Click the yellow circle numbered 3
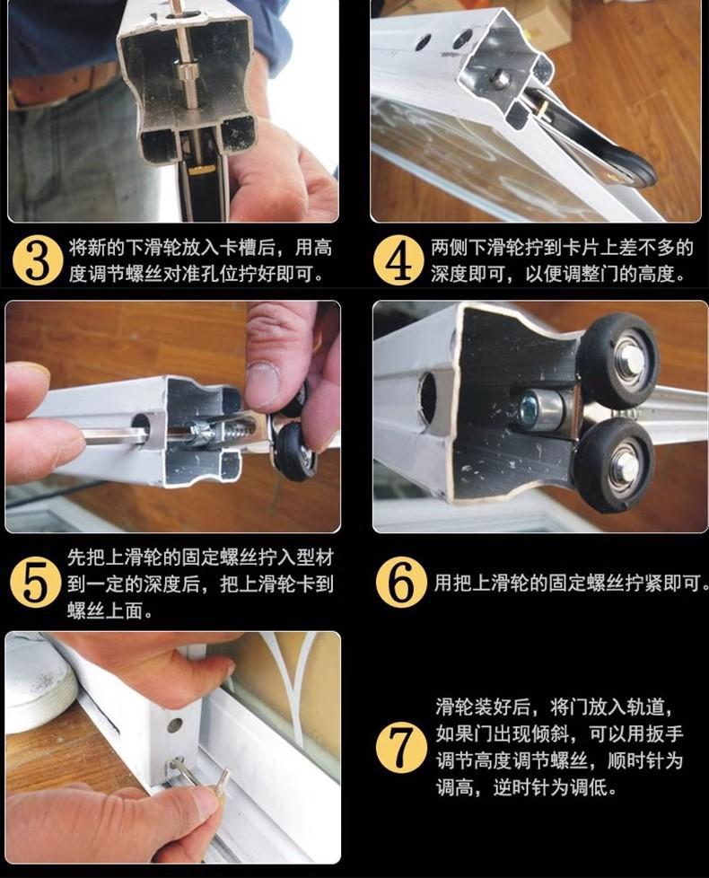coord(38,260)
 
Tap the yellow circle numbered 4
coord(398,260)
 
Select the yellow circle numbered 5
coord(35,583)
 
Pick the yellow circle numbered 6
coord(401,583)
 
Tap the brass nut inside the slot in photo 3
coord(201,168)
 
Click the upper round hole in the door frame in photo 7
coord(175,724)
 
